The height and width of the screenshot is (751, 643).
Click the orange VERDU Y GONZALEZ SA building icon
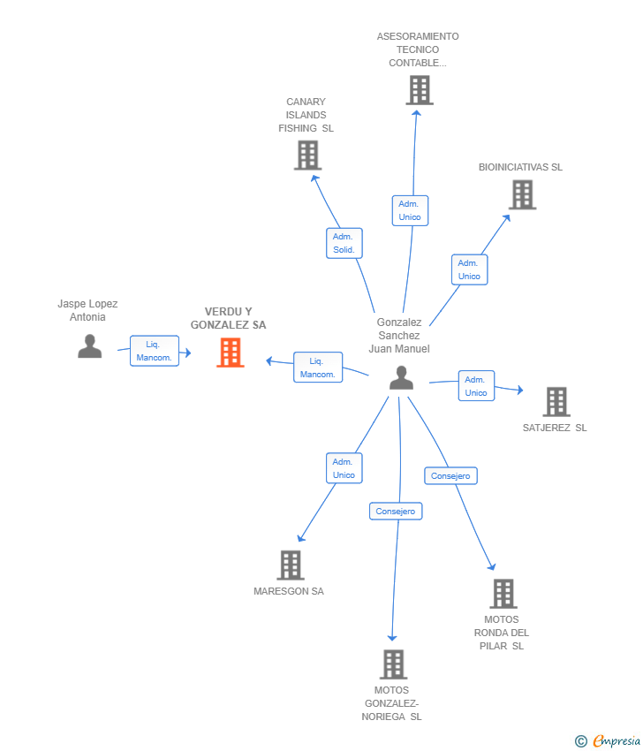(231, 353)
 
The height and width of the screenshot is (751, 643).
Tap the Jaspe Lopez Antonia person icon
(90, 346)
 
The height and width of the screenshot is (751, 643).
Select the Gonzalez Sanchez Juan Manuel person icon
(401, 377)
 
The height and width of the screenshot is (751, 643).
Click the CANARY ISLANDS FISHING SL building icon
(308, 156)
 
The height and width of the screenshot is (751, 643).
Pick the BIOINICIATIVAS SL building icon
(522, 194)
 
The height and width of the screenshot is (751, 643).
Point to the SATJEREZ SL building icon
(556, 401)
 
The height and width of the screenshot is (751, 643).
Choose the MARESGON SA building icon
(291, 565)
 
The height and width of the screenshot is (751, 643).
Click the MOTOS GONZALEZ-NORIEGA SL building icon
(394, 664)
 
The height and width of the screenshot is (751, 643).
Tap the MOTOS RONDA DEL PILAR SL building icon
(503, 594)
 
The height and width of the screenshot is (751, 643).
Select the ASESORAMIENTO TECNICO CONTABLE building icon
(420, 90)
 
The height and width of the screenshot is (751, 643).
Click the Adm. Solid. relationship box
(344, 243)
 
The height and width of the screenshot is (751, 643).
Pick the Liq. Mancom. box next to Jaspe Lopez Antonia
(155, 351)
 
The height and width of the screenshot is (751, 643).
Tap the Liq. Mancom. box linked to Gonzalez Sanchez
(318, 368)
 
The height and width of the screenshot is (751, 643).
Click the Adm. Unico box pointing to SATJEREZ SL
(476, 385)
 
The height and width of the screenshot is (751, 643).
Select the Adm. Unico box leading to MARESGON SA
(344, 468)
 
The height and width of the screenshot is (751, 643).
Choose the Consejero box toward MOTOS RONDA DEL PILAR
(450, 475)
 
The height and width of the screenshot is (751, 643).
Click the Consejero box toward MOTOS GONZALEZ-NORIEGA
(396, 511)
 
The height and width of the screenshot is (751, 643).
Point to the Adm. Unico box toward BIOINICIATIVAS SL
(470, 269)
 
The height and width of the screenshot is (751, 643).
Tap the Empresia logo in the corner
(608, 741)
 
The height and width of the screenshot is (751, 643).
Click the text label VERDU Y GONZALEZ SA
(229, 318)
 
